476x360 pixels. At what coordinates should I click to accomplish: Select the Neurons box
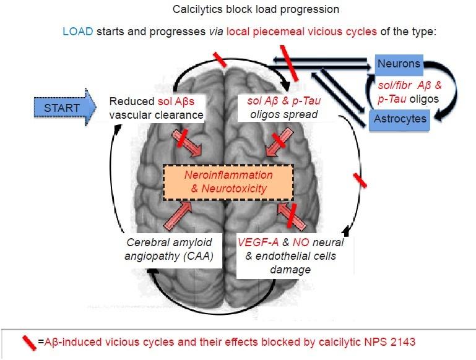(x=399, y=64)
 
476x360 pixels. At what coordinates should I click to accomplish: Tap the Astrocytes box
(x=400, y=118)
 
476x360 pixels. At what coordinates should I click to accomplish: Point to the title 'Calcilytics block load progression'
(x=238, y=11)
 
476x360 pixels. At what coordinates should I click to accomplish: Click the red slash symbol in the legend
(x=28, y=341)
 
